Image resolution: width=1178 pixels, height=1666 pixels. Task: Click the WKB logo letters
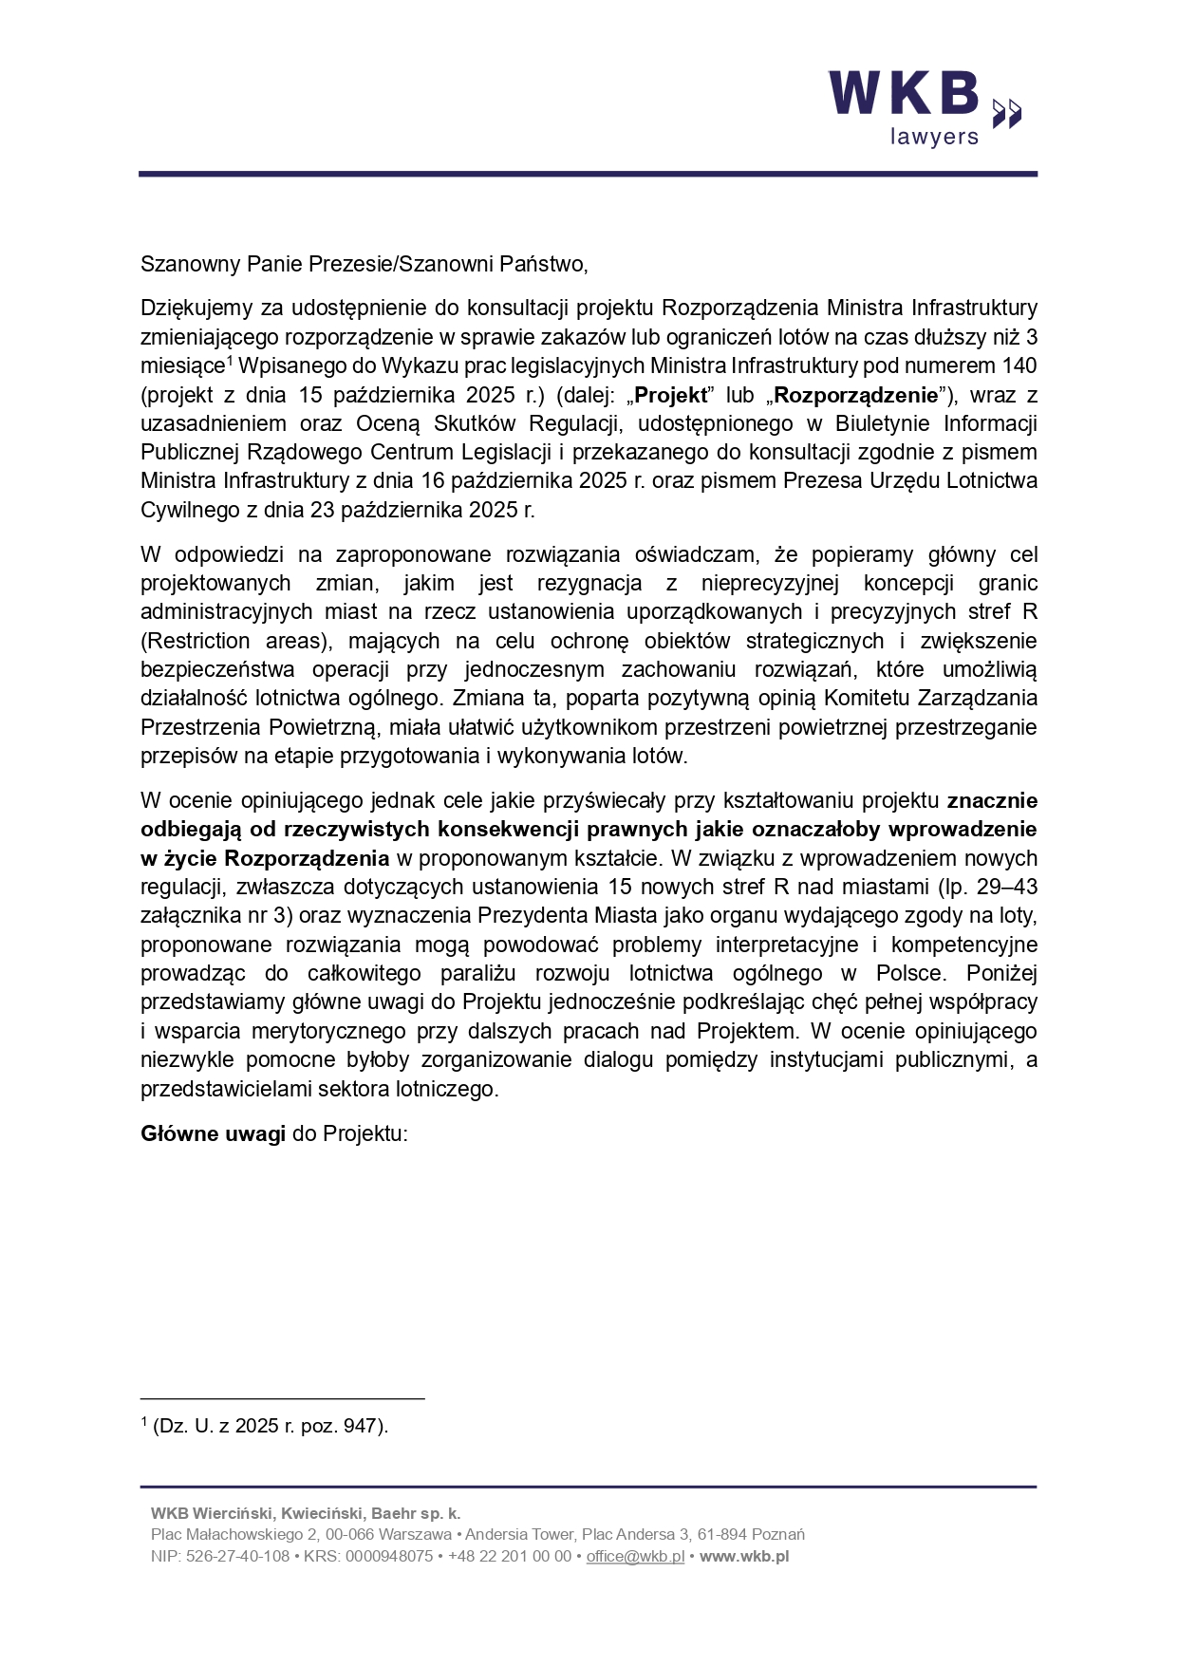[x=904, y=94]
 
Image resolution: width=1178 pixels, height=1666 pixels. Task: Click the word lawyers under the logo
[x=933, y=137]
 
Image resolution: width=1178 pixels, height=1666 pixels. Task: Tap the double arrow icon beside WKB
[x=1007, y=112]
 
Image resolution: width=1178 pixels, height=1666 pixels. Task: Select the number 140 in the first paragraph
[x=1019, y=365]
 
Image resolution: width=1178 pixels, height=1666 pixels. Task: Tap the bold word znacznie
[x=992, y=800]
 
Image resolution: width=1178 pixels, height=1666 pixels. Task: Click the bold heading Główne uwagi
[x=213, y=1134]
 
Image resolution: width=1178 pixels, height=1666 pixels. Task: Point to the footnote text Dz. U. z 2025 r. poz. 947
[x=271, y=1426]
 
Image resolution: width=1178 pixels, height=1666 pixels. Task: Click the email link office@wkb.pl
[x=635, y=1556]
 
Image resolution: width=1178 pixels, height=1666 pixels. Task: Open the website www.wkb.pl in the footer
[x=744, y=1556]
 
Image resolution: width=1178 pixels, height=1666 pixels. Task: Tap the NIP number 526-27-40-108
[x=237, y=1556]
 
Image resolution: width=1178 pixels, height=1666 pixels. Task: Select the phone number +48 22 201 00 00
[x=509, y=1556]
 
